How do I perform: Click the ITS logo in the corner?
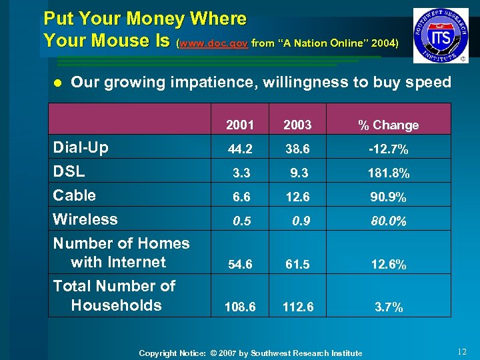coord(441,35)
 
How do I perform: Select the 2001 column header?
coord(239,125)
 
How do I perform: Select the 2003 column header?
coord(297,125)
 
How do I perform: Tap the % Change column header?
coord(388,125)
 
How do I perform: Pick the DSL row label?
coord(69,171)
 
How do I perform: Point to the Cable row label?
coord(75,195)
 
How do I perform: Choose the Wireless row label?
coord(85,219)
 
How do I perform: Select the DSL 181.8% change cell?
coord(388,174)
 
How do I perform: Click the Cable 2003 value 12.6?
coord(297,198)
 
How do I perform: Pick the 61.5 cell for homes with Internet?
coord(297,265)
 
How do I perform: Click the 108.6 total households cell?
coord(239,307)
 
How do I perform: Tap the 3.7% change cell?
coord(388,307)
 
